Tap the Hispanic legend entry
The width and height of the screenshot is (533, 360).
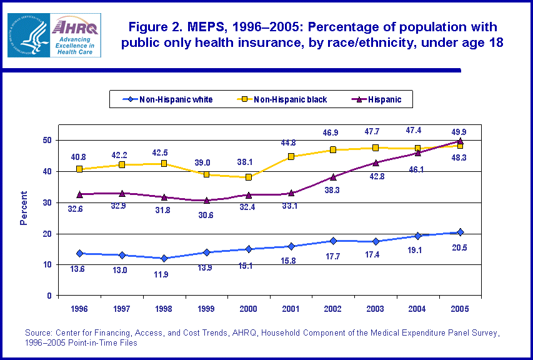[x=378, y=99]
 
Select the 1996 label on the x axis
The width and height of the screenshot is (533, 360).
[x=79, y=308]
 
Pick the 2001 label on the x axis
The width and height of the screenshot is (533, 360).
[x=291, y=308]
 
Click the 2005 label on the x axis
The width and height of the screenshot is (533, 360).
[x=460, y=308]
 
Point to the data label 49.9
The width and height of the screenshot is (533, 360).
[x=461, y=132]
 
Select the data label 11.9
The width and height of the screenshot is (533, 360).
[x=164, y=274]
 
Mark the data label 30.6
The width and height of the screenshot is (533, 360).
[x=207, y=216]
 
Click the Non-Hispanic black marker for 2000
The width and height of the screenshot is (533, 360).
[x=248, y=177]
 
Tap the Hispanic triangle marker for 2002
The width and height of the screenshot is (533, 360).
[x=333, y=177]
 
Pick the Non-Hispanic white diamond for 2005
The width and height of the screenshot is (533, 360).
[x=461, y=232]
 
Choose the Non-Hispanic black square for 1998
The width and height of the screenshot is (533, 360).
[x=164, y=164]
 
